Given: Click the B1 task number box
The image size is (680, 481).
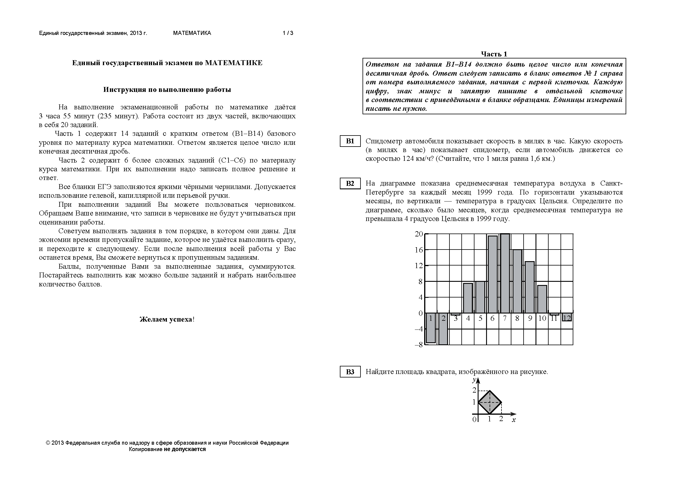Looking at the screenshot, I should (350, 141).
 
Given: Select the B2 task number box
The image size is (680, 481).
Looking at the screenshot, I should (350, 183).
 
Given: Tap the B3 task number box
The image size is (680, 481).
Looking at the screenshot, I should (350, 372).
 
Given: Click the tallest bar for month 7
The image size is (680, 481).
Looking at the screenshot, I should (505, 272).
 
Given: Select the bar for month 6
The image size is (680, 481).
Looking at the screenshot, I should (492, 274).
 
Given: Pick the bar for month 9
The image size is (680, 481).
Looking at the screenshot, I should (529, 287).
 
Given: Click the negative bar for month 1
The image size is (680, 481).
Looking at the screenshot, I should (431, 328).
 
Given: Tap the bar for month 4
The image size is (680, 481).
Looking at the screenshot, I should (468, 298).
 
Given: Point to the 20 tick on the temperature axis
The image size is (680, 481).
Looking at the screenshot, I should (419, 234).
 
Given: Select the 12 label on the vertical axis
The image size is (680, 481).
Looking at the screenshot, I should (419, 266).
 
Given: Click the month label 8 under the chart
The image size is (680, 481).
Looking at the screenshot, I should (517, 318).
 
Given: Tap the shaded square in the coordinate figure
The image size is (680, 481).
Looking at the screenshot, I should (490, 402).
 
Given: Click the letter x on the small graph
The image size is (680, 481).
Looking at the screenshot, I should (513, 420).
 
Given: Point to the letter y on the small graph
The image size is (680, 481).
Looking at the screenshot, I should (474, 380).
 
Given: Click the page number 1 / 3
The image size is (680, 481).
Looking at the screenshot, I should (288, 33).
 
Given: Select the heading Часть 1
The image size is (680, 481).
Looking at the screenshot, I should (494, 54).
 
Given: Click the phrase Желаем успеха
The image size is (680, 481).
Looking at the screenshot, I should (167, 319).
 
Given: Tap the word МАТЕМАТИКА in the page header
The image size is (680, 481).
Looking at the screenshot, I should (192, 33).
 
